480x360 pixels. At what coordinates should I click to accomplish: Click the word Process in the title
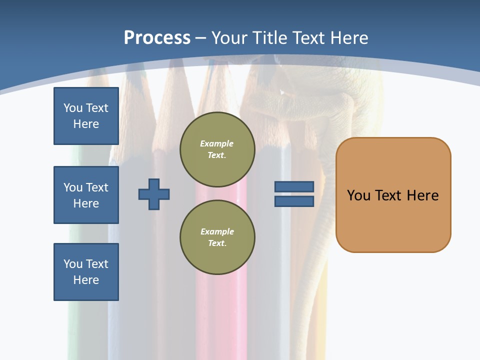coord(157,37)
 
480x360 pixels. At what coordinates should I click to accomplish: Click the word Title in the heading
coord(270,37)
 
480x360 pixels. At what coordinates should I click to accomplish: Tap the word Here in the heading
coord(348,37)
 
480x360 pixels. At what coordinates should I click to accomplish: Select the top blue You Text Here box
coord(86,116)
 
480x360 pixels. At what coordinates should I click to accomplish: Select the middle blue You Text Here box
coord(86,195)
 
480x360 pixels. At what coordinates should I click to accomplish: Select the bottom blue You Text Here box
coord(86,272)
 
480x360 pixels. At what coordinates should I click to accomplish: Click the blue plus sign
coord(154,194)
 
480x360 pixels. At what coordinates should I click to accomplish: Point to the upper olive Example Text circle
coord(217,149)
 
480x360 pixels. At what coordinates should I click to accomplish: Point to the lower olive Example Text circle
coord(217,237)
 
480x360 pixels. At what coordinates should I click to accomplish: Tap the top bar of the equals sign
coord(294,186)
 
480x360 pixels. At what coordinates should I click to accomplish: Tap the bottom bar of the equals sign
coord(294,201)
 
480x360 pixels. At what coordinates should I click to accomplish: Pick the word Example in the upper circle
coord(216,143)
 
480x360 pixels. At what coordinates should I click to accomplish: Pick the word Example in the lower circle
coord(217,231)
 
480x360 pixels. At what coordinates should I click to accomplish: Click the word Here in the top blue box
coord(86,124)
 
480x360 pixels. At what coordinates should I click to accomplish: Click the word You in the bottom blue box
coord(72,264)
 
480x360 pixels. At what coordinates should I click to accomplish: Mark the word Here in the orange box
coord(422,195)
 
